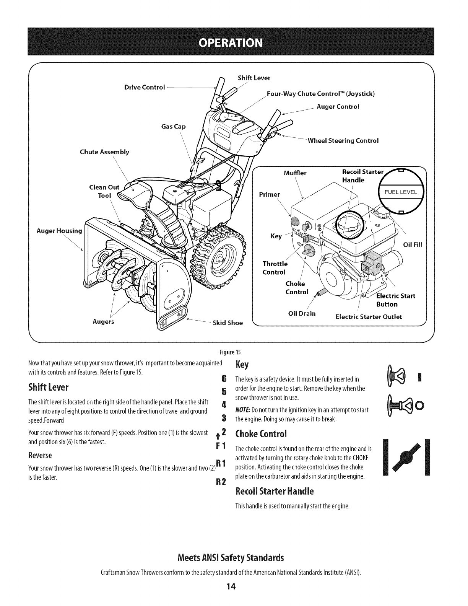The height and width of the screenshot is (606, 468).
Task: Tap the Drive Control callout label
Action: pos(145,87)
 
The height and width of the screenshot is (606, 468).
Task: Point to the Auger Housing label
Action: pos(59,231)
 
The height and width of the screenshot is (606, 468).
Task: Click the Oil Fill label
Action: pos(413,245)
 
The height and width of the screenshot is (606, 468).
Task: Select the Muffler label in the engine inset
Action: pos(295,173)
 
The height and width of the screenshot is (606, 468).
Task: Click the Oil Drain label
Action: pos(302,314)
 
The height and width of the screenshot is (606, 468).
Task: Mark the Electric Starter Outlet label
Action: pos(369,317)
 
